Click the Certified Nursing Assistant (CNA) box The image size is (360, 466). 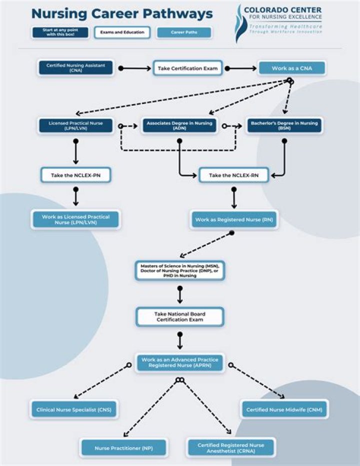(x=76, y=68)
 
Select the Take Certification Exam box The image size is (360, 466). (x=187, y=68)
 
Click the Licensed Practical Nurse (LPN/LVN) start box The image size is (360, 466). (x=76, y=126)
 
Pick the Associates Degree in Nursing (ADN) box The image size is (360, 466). (x=179, y=126)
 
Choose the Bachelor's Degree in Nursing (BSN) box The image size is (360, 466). (x=284, y=126)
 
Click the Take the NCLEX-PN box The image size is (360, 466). (x=76, y=175)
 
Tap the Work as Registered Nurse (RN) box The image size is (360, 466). (x=233, y=220)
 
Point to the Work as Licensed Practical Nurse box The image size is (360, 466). (x=76, y=220)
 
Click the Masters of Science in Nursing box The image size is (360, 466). (x=179, y=270)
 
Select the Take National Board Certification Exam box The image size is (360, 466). (x=179, y=317)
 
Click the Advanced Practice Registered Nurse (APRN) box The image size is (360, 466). (x=179, y=362)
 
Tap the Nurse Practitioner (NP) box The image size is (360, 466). (x=123, y=447)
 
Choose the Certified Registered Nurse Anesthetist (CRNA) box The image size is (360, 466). (x=230, y=447)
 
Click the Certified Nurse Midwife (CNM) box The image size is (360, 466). (x=284, y=409)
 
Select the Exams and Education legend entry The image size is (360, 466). (x=122, y=33)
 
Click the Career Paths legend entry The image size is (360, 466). (x=183, y=33)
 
